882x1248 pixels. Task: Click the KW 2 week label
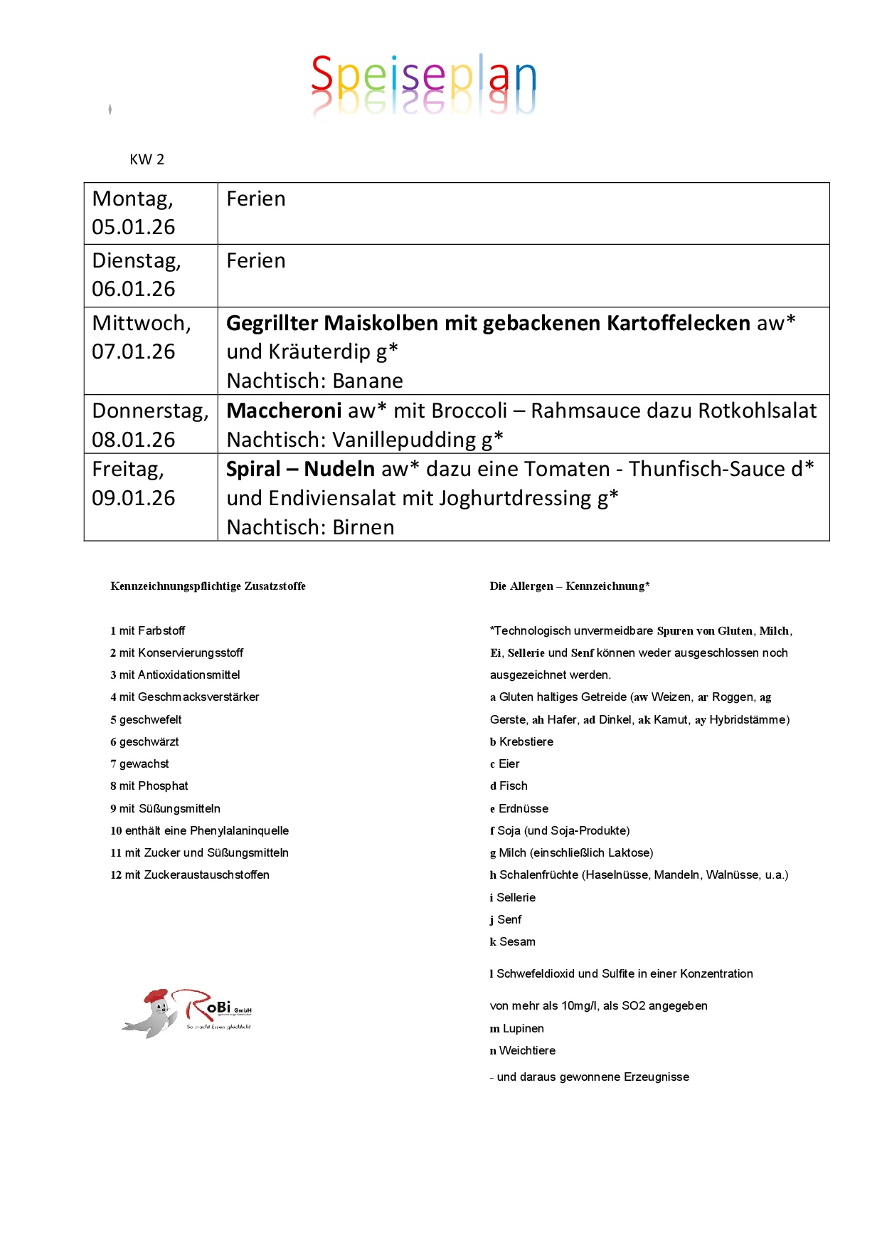click(x=147, y=159)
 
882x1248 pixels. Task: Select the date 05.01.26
click(x=134, y=227)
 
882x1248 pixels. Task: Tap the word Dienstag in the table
click(x=135, y=260)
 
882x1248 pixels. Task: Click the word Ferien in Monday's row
click(x=255, y=199)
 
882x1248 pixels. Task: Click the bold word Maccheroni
click(x=284, y=411)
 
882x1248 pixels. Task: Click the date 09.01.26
click(x=134, y=498)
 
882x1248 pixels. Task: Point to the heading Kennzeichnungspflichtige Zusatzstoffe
click(x=208, y=586)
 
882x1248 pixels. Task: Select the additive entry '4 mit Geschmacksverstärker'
click(x=184, y=697)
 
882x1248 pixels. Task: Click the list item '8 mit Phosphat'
click(x=149, y=786)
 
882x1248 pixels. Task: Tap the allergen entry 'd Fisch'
click(x=509, y=786)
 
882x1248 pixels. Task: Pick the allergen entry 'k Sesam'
click(x=512, y=942)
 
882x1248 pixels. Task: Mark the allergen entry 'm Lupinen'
click(x=516, y=1029)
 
